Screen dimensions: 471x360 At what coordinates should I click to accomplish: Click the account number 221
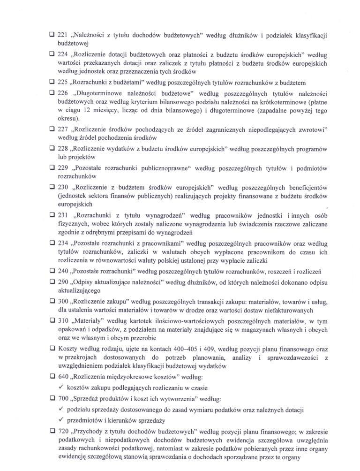click(62, 35)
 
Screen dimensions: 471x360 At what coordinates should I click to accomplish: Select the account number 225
click(62, 82)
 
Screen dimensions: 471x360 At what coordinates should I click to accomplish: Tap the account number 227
click(62, 129)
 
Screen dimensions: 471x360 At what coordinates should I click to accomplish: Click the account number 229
click(62, 168)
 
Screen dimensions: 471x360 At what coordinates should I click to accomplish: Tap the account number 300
click(62, 302)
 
